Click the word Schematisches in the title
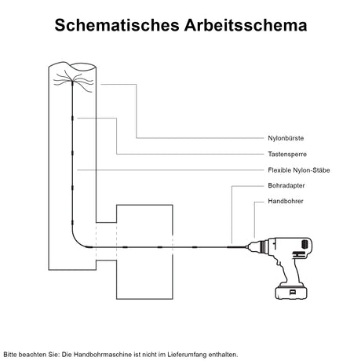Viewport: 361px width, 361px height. point(117,25)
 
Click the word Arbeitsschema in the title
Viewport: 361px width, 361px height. point(246,25)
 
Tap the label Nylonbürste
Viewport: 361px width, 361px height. point(286,138)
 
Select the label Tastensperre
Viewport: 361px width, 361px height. point(287,154)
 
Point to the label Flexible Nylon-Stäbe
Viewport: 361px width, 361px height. point(299,170)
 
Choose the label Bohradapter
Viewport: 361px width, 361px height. point(286,185)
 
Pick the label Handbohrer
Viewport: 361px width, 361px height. point(286,201)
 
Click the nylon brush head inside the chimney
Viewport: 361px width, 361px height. point(73,82)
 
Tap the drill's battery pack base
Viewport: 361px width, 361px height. point(290,292)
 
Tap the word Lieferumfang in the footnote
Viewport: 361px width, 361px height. point(187,355)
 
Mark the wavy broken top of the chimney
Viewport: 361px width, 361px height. point(72,66)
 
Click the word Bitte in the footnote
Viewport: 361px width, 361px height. point(9,355)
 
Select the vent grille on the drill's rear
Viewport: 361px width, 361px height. point(304,245)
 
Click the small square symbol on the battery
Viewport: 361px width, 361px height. point(292,292)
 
